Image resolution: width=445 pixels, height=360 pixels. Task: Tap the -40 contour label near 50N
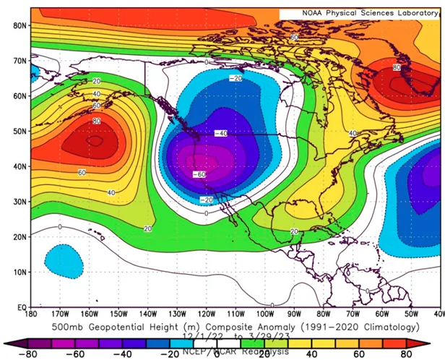point(221,133)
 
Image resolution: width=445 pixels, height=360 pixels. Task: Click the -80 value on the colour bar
point(30,355)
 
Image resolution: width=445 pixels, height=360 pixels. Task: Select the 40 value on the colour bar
point(311,355)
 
